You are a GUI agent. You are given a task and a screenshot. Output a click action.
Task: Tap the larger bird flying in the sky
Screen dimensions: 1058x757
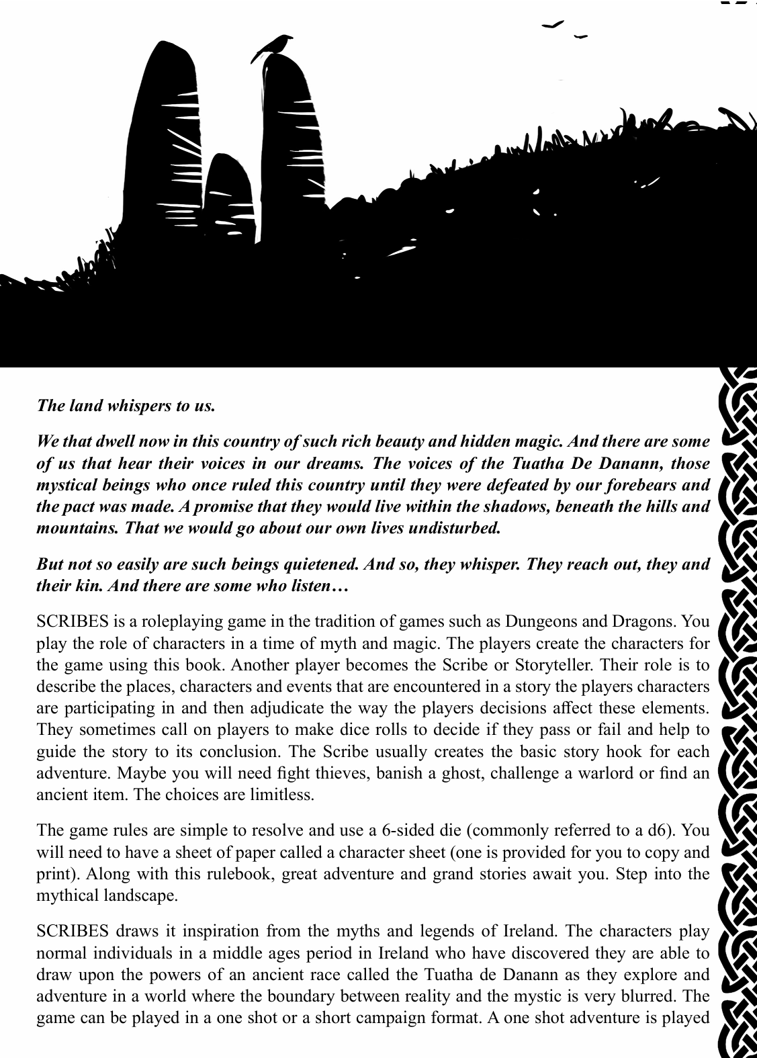pos(553,25)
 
